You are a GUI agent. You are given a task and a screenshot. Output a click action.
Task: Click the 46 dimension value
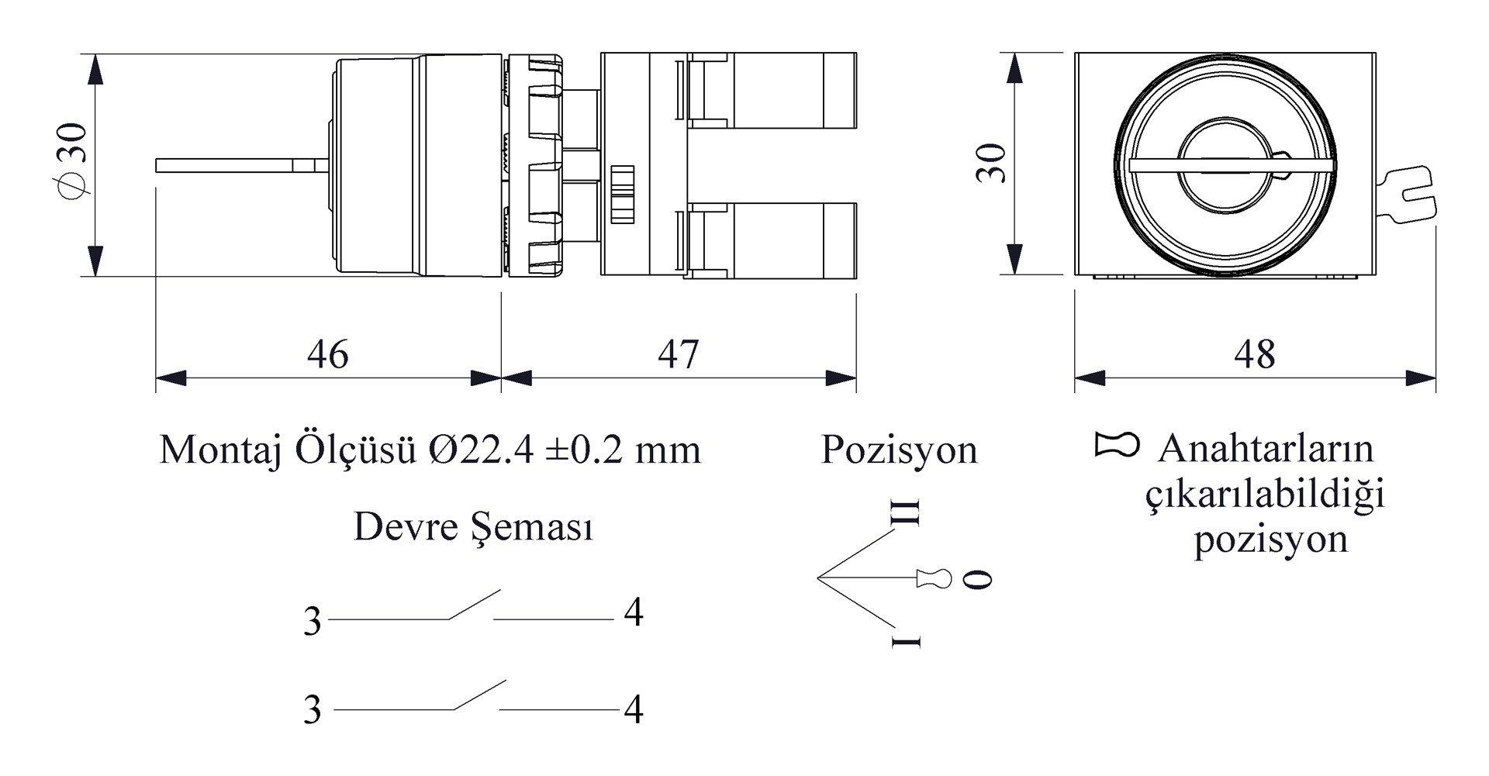(x=328, y=354)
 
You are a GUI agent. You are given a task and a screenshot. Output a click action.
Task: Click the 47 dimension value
(x=679, y=354)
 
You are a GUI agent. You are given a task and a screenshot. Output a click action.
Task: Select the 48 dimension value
(x=1254, y=354)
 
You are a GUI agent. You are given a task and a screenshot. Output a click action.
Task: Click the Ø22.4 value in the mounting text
(x=481, y=450)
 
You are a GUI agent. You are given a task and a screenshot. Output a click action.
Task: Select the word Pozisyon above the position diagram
(x=900, y=450)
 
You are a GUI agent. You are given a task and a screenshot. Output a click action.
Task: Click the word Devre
(x=406, y=526)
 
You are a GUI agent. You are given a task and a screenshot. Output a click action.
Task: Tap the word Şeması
(x=533, y=528)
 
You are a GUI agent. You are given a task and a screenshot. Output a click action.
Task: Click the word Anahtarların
(x=1266, y=449)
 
